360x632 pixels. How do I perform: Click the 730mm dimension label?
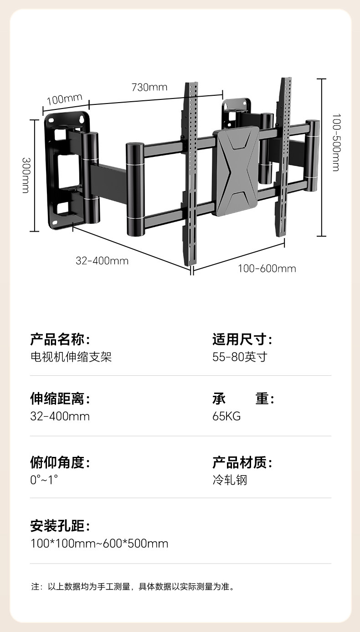(x=149, y=87)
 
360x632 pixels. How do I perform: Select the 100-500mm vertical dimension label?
(x=336, y=142)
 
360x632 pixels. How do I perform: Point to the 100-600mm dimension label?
(x=267, y=269)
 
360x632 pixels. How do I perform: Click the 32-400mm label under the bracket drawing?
(x=102, y=261)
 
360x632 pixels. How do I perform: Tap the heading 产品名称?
(x=60, y=339)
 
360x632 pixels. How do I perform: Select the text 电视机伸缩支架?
(x=71, y=357)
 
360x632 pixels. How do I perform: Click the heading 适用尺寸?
(x=242, y=339)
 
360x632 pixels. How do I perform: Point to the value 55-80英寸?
(x=240, y=357)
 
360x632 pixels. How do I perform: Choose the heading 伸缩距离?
(x=60, y=399)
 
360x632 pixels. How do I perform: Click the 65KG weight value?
(x=226, y=416)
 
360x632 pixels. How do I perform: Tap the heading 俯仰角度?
(x=60, y=462)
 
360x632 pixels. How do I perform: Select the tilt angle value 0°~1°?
(x=44, y=480)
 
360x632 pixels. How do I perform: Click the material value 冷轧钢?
(x=230, y=480)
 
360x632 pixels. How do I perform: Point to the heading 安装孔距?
(x=60, y=526)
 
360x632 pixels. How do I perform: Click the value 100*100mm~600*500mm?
(x=99, y=544)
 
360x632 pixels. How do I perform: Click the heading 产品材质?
(x=242, y=462)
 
